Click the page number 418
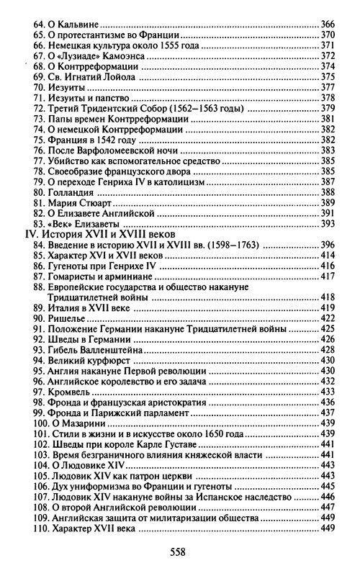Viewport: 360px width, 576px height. (x=328, y=298)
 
